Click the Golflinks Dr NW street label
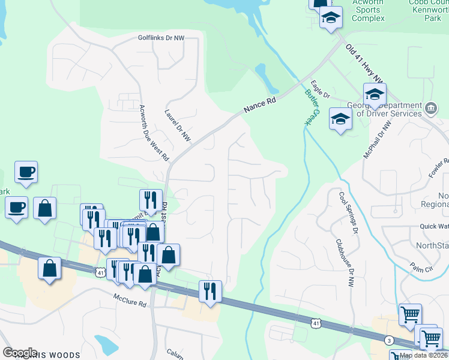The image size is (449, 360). [x=160, y=38]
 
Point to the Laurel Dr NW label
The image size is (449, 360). [x=178, y=125]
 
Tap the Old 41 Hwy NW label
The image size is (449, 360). [x=365, y=62]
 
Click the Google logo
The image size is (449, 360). [x=20, y=352]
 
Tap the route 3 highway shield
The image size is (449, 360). [x=390, y=340]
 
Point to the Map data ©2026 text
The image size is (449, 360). [x=423, y=355]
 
